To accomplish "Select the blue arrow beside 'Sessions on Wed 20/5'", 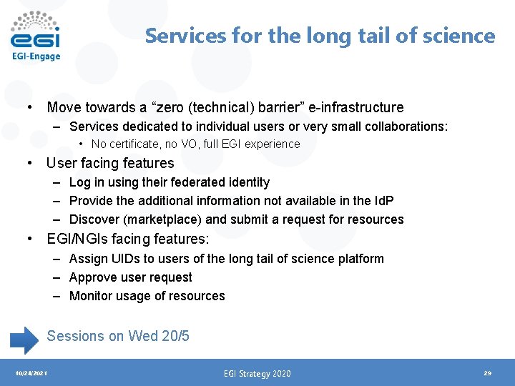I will pyautogui.click(x=26, y=339).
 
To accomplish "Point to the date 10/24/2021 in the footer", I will pyautogui.click(x=31, y=373).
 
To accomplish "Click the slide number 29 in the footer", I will pyautogui.click(x=487, y=373).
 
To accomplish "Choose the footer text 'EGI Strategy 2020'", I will pyautogui.click(x=257, y=373).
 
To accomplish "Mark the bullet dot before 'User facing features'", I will pyautogui.click(x=29, y=163).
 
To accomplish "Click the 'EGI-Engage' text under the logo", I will pyautogui.click(x=36, y=56).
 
